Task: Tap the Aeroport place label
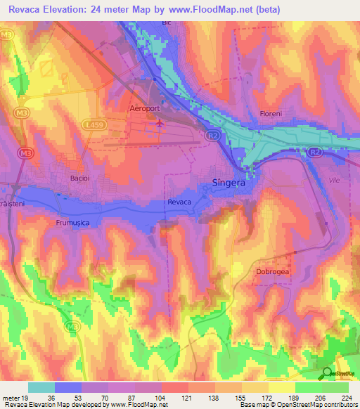pyautogui.click(x=146, y=110)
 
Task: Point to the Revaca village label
pyautogui.click(x=179, y=202)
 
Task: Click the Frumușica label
pyautogui.click(x=75, y=221)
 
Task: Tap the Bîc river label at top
pyautogui.click(x=167, y=22)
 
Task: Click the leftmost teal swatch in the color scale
pyautogui.click(x=41, y=387)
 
